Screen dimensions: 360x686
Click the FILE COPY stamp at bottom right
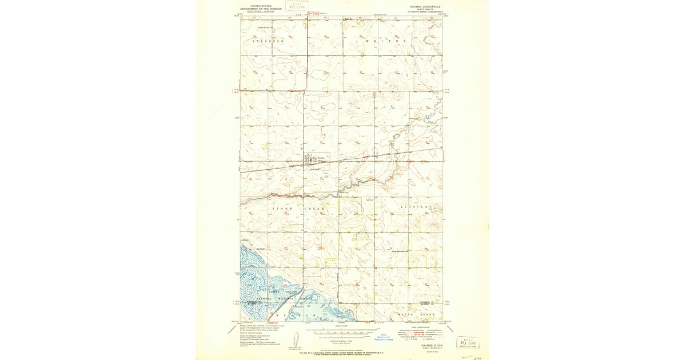point(468,343)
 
